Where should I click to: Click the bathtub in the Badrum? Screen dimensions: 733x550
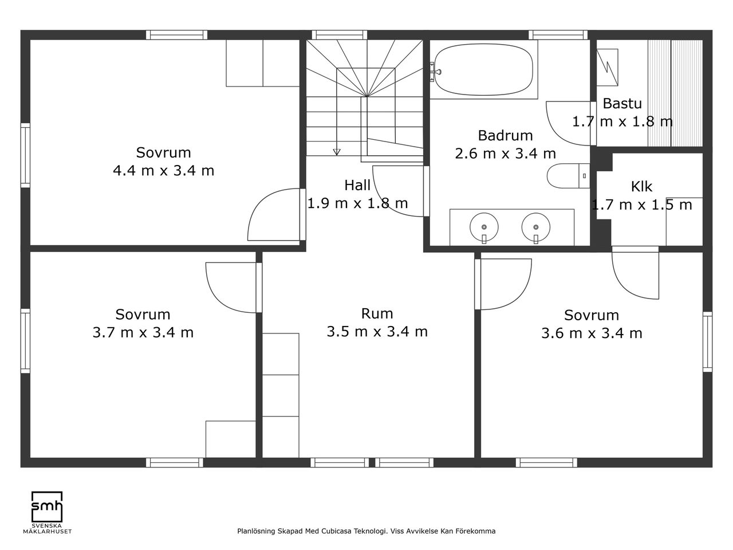pyautogui.click(x=483, y=69)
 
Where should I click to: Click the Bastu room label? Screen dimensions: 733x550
pyautogui.click(x=622, y=104)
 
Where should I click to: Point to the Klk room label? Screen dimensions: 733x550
pyautogui.click(x=641, y=187)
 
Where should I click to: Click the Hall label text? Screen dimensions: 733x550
pyautogui.click(x=357, y=185)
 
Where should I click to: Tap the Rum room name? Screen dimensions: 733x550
pyautogui.click(x=377, y=313)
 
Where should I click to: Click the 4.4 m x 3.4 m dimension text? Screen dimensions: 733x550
pyautogui.click(x=163, y=171)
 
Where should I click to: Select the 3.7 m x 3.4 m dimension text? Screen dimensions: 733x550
pyautogui.click(x=143, y=333)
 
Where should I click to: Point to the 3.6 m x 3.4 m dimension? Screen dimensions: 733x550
pyautogui.click(x=592, y=333)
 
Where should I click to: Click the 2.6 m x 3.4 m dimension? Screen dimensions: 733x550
pyautogui.click(x=505, y=154)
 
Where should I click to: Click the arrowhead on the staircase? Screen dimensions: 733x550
pyautogui.click(x=337, y=152)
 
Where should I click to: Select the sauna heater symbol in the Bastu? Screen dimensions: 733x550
pyautogui.click(x=607, y=68)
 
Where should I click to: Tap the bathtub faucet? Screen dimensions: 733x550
pyautogui.click(x=435, y=72)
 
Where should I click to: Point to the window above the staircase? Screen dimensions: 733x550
pyautogui.click(x=340, y=35)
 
